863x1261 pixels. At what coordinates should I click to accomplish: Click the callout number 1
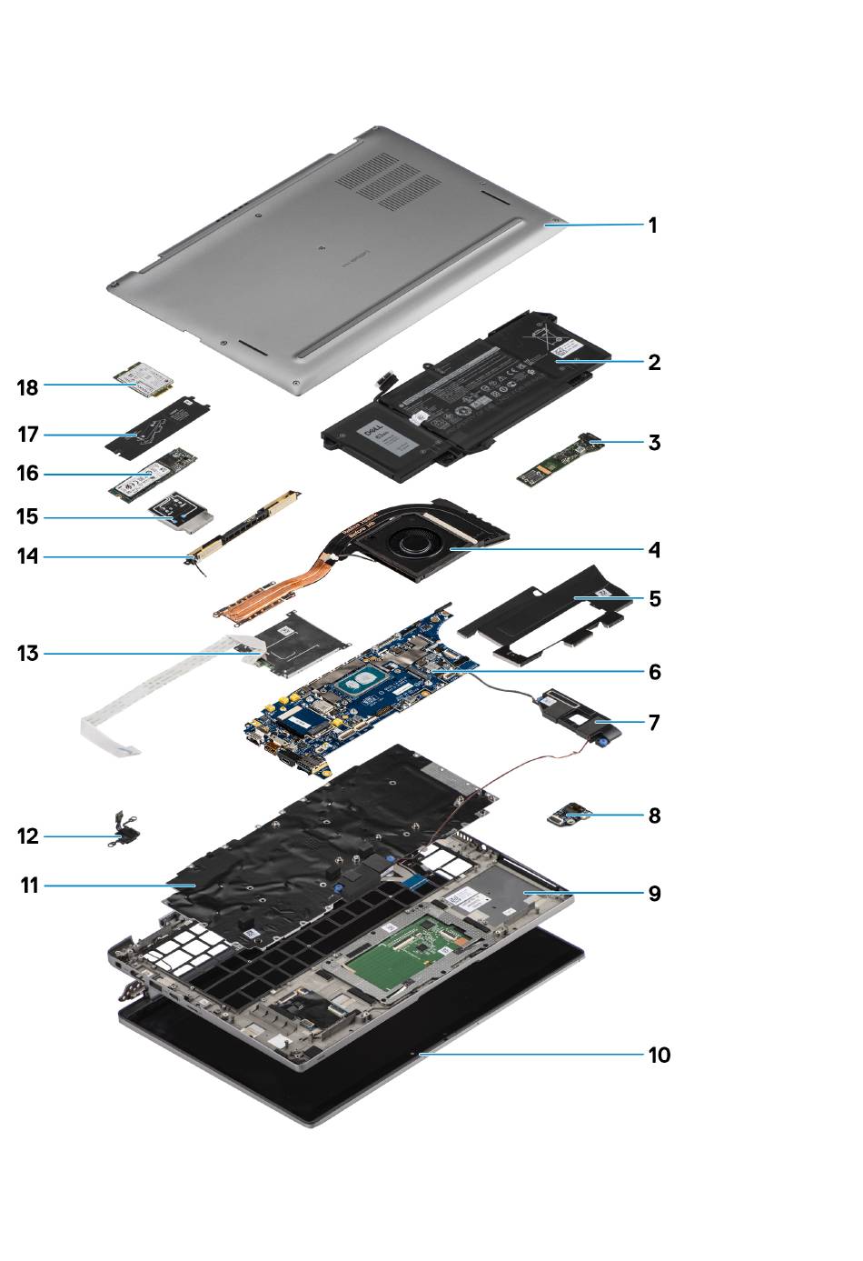tap(651, 225)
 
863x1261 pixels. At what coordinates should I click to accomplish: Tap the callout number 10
tap(659, 1055)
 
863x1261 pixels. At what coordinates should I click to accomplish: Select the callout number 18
tap(28, 386)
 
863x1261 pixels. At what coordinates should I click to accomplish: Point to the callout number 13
tap(28, 653)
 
